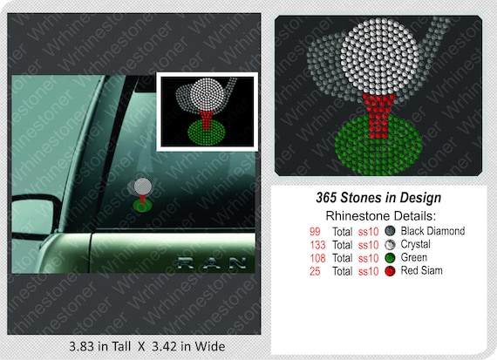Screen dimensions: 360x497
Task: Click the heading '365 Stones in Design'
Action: (x=378, y=199)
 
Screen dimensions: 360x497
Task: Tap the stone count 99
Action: (x=315, y=231)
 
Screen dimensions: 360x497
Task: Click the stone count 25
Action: (x=315, y=271)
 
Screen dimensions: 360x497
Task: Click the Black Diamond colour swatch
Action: (x=390, y=232)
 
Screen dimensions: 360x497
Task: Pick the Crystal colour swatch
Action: (x=390, y=245)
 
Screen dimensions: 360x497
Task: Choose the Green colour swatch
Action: (x=390, y=258)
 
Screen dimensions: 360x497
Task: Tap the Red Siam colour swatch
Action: (x=390, y=271)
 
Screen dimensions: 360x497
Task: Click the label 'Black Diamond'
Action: (x=432, y=231)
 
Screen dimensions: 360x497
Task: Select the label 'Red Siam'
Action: (x=422, y=271)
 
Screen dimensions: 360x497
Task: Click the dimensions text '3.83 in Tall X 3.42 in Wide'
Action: (x=146, y=346)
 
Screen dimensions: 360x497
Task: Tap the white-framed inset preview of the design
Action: (x=207, y=112)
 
